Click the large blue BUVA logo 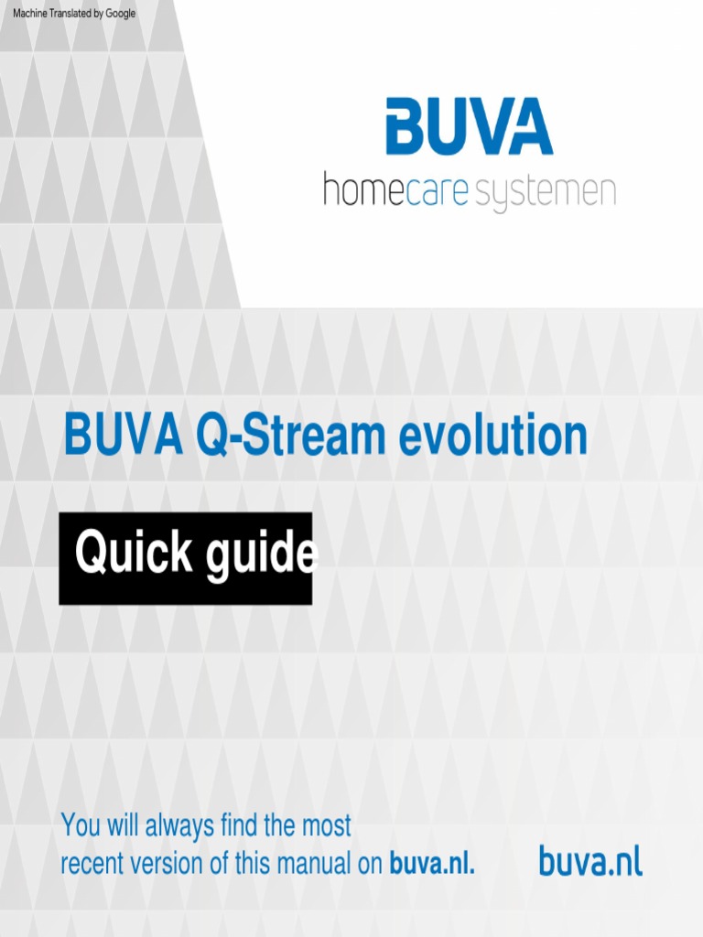tap(469, 127)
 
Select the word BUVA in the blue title tap(123, 436)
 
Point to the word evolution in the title tap(492, 436)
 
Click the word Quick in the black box tap(134, 555)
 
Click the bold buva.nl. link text tap(432, 864)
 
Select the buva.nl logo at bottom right tap(590, 861)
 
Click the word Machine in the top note tap(30, 14)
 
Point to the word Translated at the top tap(73, 14)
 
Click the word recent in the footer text tap(91, 864)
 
